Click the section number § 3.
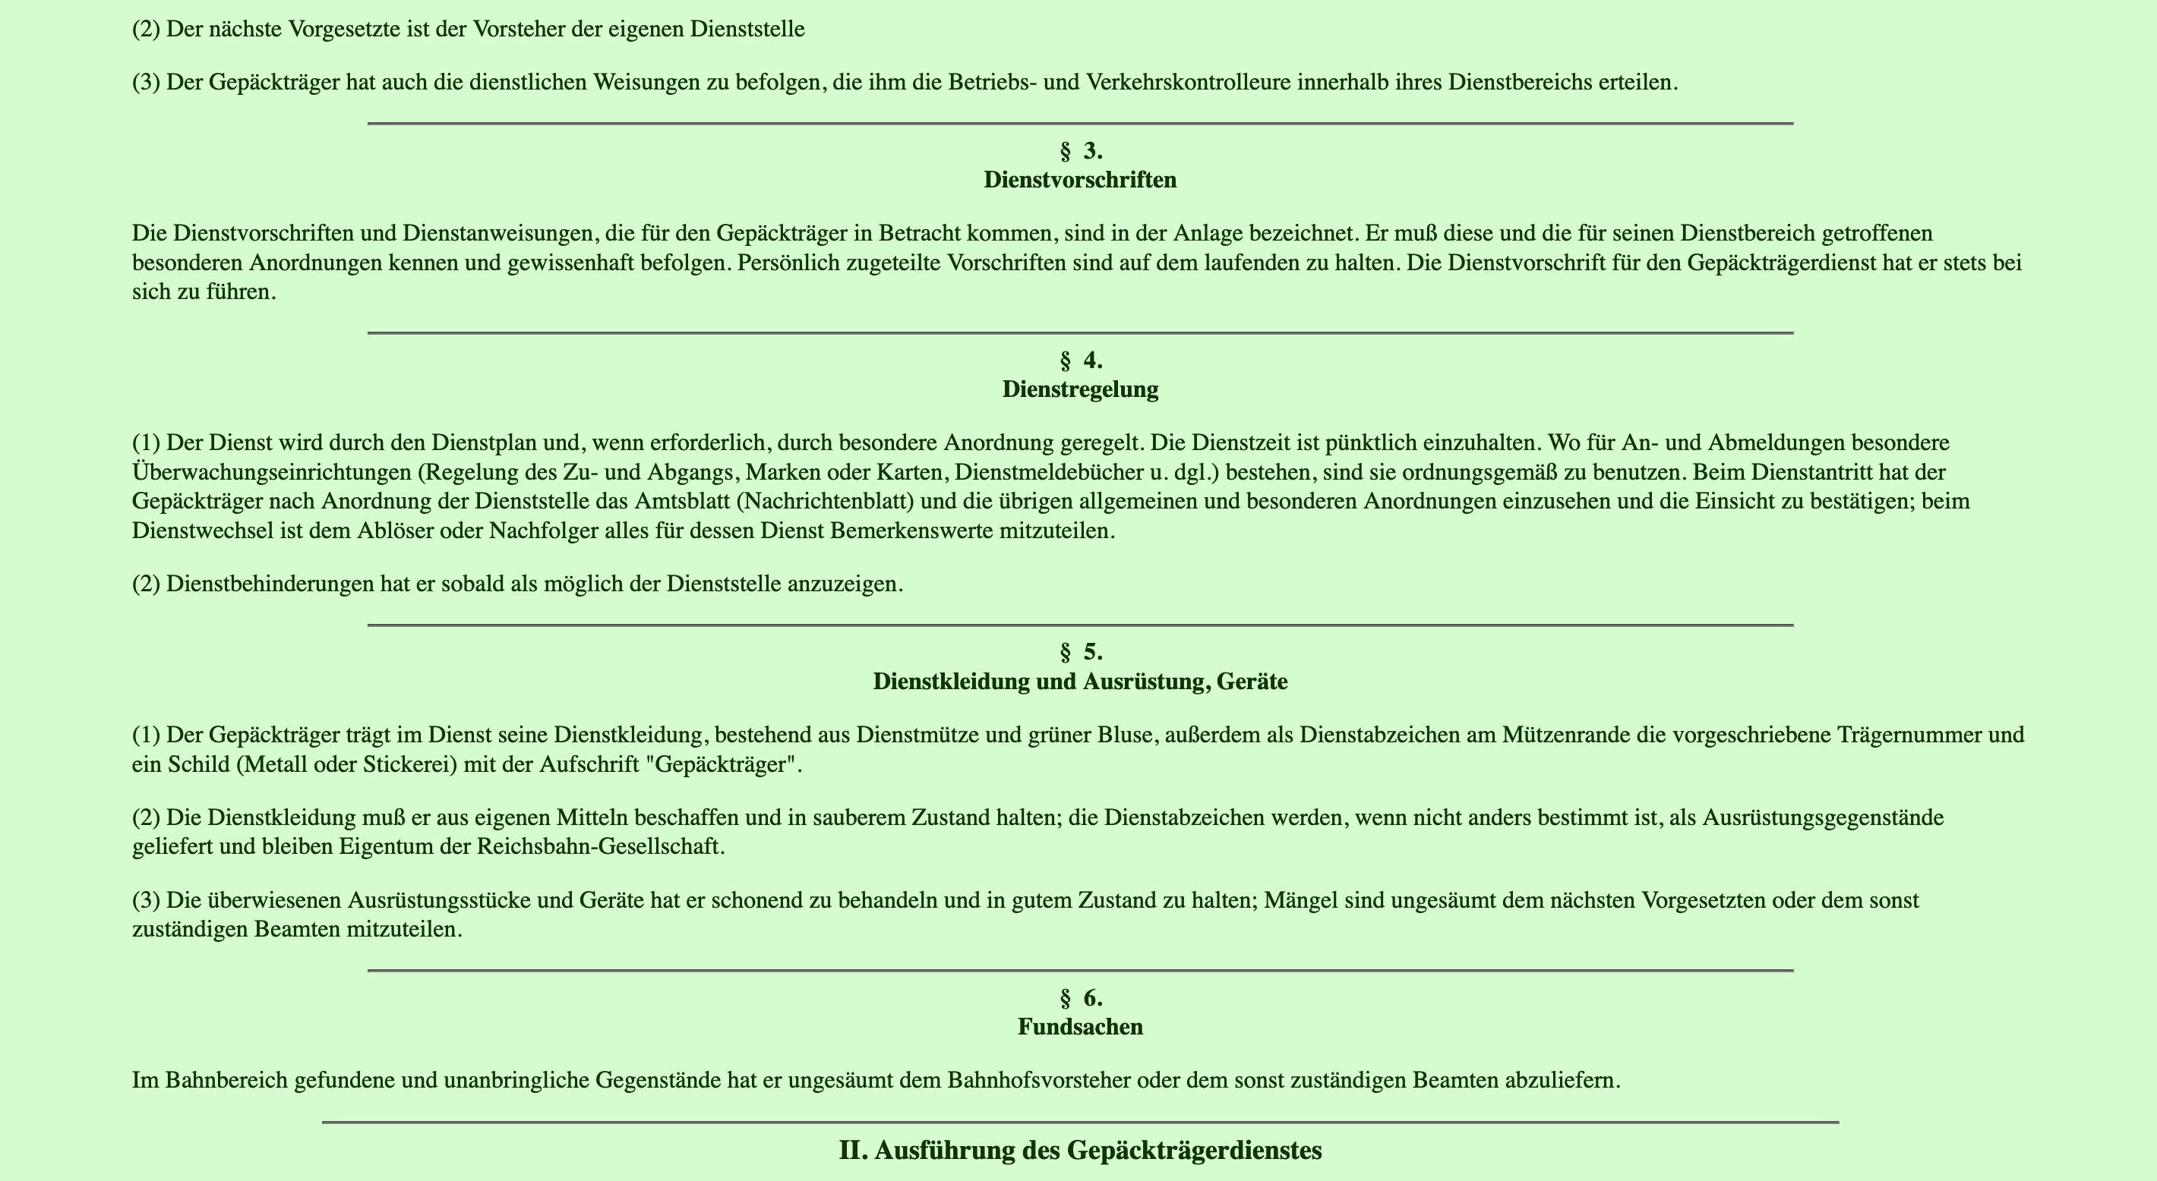(x=1080, y=152)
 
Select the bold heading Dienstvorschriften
(x=1080, y=180)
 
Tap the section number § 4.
(x=1080, y=361)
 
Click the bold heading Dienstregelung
(x=1080, y=389)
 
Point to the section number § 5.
(x=1080, y=652)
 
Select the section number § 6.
(x=1080, y=997)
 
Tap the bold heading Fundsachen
(x=1080, y=1027)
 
